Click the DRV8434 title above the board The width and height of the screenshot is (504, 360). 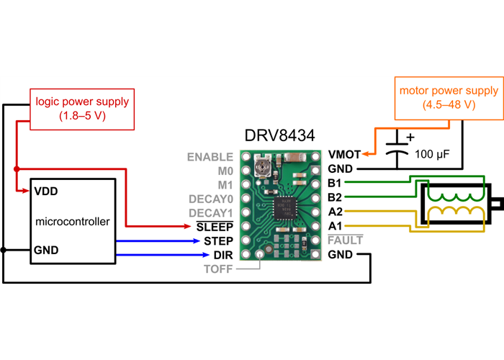[280, 136]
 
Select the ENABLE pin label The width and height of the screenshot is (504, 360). [210, 156]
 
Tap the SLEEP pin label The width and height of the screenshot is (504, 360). [215, 227]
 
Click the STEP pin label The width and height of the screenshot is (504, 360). [218, 241]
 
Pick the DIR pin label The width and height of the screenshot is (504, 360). [222, 255]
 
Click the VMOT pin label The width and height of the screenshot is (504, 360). [344, 154]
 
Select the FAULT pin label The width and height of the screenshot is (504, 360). [346, 240]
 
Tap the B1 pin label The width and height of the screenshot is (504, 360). [335, 183]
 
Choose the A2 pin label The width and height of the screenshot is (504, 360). [335, 212]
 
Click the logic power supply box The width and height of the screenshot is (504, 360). [72, 108]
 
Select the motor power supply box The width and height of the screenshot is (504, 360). [449, 97]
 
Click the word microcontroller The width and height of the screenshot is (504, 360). [73, 221]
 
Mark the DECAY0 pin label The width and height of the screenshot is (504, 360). [210, 199]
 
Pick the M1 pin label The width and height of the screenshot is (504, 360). [225, 184]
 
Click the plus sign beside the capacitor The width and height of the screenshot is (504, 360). [411, 136]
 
